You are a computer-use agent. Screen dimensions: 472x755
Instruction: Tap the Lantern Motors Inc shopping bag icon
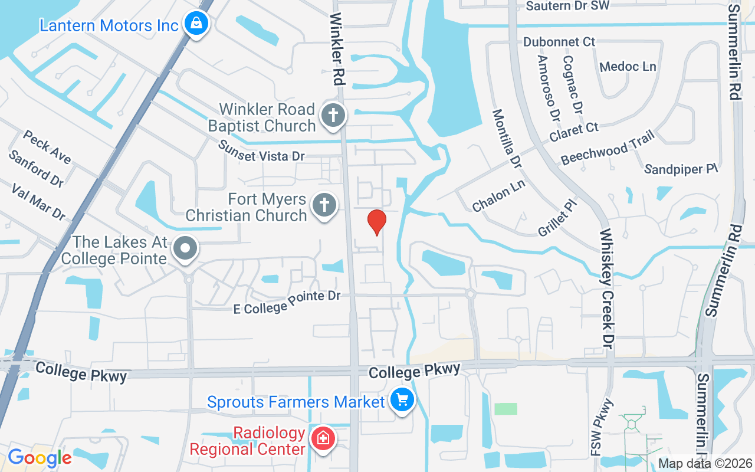(194, 24)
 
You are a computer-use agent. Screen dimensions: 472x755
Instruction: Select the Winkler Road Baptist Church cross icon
(333, 115)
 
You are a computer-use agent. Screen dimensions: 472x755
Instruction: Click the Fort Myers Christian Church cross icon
(324, 205)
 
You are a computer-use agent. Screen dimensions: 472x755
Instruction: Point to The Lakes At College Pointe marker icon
(186, 248)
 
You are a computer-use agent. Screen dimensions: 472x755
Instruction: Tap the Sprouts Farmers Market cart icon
(403, 401)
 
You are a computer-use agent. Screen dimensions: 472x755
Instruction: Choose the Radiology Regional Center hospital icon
(323, 439)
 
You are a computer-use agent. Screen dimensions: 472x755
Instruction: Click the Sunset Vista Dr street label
(261, 150)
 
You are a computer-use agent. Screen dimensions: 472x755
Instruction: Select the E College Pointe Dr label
(287, 302)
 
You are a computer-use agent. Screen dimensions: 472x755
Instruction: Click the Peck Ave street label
(47, 147)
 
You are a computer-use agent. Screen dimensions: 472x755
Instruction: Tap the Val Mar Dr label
(39, 201)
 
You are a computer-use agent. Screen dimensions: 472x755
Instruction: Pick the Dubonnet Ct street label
(559, 42)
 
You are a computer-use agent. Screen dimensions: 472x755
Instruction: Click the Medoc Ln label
(628, 66)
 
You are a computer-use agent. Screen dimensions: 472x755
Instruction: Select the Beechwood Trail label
(608, 148)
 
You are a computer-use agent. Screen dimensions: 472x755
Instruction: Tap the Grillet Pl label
(557, 217)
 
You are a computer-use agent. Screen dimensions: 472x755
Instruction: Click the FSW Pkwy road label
(602, 427)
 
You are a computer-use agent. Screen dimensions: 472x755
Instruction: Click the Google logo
(40, 458)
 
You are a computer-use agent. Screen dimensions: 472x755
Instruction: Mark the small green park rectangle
(505, 409)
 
